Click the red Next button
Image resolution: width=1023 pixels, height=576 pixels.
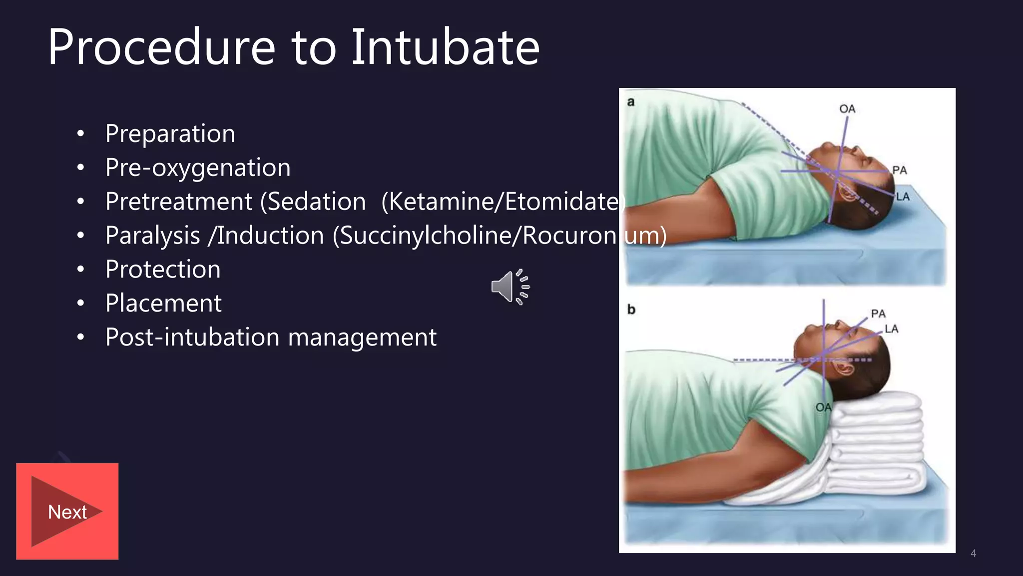(67, 511)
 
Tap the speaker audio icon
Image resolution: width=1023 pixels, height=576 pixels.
(510, 286)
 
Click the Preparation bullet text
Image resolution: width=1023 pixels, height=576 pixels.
(170, 133)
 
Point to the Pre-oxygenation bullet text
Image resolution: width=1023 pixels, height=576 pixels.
(198, 167)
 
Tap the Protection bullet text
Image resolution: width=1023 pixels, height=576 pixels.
(163, 269)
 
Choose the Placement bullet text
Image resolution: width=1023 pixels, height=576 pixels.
(163, 303)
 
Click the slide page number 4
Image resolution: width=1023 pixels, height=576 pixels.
(973, 553)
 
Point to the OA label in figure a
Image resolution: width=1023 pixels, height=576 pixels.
(847, 108)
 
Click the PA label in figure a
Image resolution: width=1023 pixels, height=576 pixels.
(899, 170)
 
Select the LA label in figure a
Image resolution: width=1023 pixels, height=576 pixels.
(903, 196)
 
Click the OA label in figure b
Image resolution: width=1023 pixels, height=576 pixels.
(823, 407)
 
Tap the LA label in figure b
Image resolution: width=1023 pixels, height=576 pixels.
(891, 328)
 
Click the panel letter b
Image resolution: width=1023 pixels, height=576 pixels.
(631, 309)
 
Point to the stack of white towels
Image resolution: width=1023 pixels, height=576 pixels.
(874, 450)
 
